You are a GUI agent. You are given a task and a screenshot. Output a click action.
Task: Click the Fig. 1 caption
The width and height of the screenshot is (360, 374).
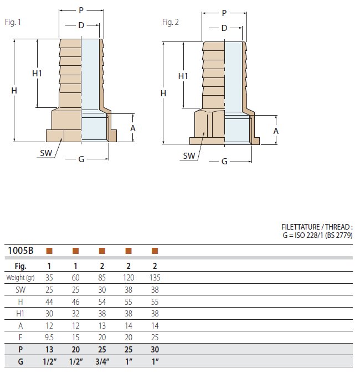click(13, 22)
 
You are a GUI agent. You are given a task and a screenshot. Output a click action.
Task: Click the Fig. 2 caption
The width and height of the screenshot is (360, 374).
click(170, 22)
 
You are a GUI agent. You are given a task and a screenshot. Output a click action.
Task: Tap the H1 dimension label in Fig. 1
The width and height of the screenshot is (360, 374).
click(37, 74)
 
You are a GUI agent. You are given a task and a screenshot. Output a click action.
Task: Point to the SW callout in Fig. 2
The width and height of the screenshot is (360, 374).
click(189, 156)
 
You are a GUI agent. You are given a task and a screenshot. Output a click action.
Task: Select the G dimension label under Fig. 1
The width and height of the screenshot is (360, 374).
click(81, 159)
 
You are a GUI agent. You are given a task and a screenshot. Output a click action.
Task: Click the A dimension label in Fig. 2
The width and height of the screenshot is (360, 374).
click(276, 131)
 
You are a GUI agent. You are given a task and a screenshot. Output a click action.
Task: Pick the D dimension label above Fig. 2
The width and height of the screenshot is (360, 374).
click(224, 28)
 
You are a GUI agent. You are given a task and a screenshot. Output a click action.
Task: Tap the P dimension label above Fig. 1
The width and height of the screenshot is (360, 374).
click(81, 11)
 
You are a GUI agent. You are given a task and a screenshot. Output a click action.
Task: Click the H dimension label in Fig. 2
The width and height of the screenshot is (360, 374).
click(163, 94)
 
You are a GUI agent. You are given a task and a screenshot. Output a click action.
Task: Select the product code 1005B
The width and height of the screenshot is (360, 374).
click(20, 251)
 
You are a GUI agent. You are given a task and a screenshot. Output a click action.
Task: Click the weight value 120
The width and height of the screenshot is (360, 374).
click(128, 278)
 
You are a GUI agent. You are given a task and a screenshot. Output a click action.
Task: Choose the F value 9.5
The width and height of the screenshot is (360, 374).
click(49, 337)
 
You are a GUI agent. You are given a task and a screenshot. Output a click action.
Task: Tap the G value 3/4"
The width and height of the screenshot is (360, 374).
click(102, 362)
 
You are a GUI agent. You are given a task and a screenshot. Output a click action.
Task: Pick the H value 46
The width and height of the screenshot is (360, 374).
click(76, 302)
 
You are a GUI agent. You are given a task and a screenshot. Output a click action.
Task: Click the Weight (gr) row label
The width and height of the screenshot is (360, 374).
click(20, 278)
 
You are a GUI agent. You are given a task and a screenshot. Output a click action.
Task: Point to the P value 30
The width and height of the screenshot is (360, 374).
click(155, 350)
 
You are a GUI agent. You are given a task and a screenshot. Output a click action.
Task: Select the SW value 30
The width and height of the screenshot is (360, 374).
click(102, 289)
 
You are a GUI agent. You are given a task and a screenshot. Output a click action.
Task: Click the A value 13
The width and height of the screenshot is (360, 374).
click(102, 325)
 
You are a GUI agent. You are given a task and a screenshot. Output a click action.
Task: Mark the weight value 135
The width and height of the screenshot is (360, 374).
click(155, 278)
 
